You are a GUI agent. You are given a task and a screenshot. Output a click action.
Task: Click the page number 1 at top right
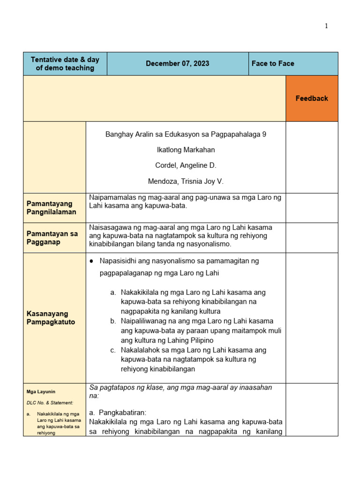click(x=326, y=26)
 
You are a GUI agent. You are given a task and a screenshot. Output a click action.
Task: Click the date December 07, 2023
click(x=177, y=64)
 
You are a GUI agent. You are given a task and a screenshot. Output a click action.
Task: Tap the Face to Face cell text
click(x=273, y=64)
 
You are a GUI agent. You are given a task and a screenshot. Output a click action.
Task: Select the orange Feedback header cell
click(x=312, y=98)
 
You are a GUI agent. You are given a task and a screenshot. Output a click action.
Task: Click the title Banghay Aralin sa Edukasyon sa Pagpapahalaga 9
click(x=186, y=135)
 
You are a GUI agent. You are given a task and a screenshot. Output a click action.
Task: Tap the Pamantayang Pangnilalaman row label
click(x=50, y=208)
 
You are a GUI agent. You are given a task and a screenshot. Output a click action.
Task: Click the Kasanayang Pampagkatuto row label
click(x=48, y=318)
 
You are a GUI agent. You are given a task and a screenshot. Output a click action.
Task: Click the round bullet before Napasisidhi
click(x=92, y=261)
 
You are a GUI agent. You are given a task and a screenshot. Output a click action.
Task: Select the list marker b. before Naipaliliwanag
click(x=113, y=321)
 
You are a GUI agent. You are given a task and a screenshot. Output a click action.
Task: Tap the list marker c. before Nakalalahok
click(x=113, y=350)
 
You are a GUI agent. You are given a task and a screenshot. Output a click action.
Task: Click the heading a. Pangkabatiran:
click(x=118, y=413)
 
